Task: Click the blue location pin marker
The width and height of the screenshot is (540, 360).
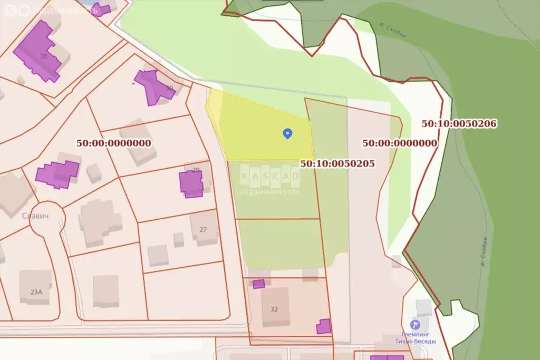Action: pos(287,133)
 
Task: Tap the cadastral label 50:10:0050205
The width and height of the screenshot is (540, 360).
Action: pos(337,163)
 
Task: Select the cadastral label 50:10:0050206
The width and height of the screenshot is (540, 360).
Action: pos(459,123)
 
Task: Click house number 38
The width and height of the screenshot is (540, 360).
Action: pos(43,56)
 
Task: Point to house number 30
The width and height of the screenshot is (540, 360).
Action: pos(169,88)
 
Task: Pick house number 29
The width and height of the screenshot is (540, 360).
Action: pos(196,170)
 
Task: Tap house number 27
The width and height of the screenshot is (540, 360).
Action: pos(203,230)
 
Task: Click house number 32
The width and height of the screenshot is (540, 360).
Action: pos(274,309)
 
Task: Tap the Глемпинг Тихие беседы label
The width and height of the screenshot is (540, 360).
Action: pos(416,337)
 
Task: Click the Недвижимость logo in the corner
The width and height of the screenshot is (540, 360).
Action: pos(51,10)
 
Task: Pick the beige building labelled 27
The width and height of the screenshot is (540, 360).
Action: pos(204,228)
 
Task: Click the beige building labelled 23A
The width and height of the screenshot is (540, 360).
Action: pos(35,286)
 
